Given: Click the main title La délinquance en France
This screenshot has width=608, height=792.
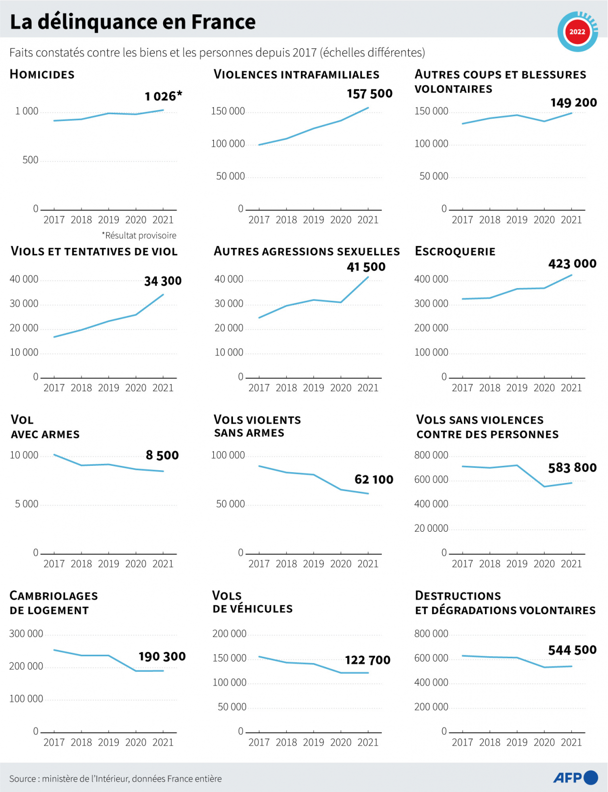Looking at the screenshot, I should tap(132, 22).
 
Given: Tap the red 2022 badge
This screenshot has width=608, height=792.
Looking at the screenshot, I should tap(577, 32).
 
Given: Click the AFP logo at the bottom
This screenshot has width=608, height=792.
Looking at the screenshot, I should tap(575, 777).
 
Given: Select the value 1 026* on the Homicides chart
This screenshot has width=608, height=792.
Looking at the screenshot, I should tap(163, 96).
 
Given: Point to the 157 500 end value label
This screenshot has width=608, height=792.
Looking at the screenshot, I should tap(369, 94).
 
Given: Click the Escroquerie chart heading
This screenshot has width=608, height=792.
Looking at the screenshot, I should tap(455, 251).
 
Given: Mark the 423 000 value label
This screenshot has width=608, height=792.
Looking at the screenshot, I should tap(572, 264).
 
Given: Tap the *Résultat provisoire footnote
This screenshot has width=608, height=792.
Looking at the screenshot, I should tap(139, 235).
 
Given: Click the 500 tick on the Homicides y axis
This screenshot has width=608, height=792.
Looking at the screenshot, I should tap(30, 160).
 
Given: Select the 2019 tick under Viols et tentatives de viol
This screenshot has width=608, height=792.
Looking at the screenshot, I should tap(108, 388).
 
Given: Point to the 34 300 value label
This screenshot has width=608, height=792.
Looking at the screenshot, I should tap(163, 281).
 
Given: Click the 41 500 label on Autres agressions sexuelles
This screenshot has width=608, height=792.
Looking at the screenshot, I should tap(366, 267).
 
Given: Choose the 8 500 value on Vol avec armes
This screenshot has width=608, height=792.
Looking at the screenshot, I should tap(162, 456).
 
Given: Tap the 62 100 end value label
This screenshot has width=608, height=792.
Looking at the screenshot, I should tap(374, 479).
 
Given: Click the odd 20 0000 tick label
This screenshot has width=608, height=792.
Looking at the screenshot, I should tap(431, 528).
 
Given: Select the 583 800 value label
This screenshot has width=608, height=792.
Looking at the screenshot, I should tap(572, 468).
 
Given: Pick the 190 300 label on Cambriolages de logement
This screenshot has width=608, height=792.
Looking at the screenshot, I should tap(162, 657).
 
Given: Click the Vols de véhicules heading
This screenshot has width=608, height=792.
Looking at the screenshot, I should tap(252, 602).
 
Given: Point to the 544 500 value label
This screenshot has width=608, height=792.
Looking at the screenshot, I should tap(572, 650).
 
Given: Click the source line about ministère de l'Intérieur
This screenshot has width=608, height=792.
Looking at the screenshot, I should tap(115, 778).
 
